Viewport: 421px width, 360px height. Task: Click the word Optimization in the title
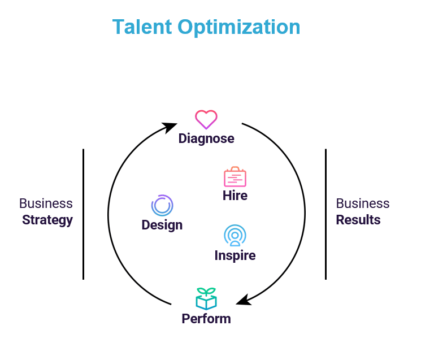(x=240, y=28)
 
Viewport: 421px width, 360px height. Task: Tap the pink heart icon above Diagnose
(x=206, y=119)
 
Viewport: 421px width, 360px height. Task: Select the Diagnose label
(x=206, y=138)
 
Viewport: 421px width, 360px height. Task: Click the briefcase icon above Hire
(x=235, y=177)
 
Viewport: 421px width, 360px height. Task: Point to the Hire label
(x=235, y=196)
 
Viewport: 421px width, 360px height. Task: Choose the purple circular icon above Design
(x=162, y=206)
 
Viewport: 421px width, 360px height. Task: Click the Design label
(x=162, y=225)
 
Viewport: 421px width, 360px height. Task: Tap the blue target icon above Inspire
(x=235, y=235)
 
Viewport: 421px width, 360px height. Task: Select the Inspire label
(x=235, y=255)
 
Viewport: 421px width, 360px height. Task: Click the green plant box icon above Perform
(x=206, y=298)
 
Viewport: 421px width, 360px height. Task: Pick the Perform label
(x=206, y=319)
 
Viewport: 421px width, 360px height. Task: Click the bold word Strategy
(x=47, y=220)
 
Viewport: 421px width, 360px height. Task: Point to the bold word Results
(x=358, y=220)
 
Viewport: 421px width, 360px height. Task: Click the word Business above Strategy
(x=46, y=203)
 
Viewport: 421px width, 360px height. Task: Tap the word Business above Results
(x=363, y=203)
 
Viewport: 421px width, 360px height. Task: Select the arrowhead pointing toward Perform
(x=243, y=300)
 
